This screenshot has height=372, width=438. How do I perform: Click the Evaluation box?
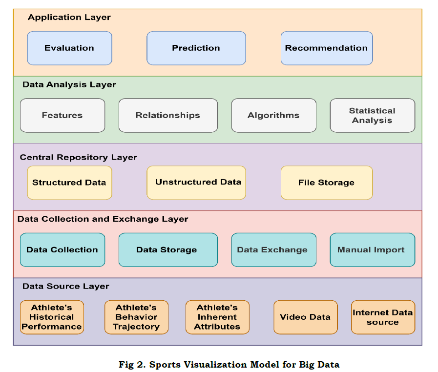pyautogui.click(x=69, y=48)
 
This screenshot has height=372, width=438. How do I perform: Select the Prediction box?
pyautogui.click(x=196, y=48)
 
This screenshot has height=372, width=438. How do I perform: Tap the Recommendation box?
pyautogui.click(x=326, y=48)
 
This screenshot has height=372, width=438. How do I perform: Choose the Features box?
pyautogui.click(x=62, y=116)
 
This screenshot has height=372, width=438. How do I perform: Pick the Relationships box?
pyautogui.click(x=168, y=116)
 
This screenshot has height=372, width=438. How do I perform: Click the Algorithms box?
pyautogui.click(x=273, y=116)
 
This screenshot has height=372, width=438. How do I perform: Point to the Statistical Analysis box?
pyautogui.click(x=372, y=116)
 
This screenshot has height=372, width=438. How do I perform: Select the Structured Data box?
pyautogui.click(x=69, y=183)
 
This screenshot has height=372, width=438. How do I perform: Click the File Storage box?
pyautogui.click(x=326, y=183)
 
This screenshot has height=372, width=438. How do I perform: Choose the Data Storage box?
pyautogui.click(x=168, y=250)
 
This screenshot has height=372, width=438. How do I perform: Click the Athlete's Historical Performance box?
pyautogui.click(x=52, y=317)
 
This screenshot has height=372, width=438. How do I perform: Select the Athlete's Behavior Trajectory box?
pyautogui.click(x=136, y=317)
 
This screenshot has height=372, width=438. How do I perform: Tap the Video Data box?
pyautogui.click(x=305, y=317)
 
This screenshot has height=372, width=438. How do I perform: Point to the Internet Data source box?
pyautogui.click(x=383, y=317)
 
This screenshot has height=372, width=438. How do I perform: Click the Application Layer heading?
pyautogui.click(x=69, y=18)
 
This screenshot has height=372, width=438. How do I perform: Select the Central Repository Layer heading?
pyautogui.click(x=79, y=158)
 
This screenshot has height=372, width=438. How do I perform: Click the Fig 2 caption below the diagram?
pyautogui.click(x=229, y=364)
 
